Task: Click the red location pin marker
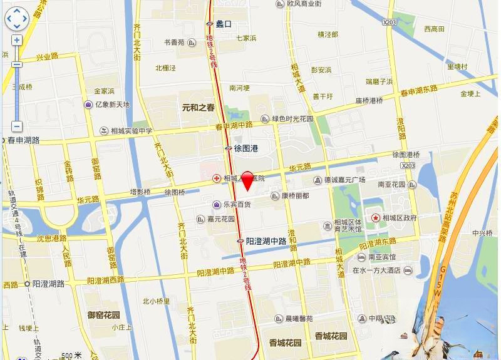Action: (x=247, y=179)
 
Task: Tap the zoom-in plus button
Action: (x=17, y=40)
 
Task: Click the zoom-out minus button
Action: (x=17, y=126)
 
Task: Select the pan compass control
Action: (x=17, y=19)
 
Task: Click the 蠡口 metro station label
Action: (x=224, y=24)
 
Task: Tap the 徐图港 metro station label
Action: (x=246, y=148)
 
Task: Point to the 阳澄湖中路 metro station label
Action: (x=266, y=241)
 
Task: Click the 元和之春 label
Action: (x=198, y=108)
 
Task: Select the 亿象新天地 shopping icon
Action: (x=89, y=105)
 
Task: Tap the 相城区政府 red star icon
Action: (x=376, y=217)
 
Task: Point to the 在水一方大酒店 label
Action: (x=376, y=271)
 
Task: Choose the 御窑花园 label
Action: (x=103, y=315)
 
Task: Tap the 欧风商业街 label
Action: (x=304, y=4)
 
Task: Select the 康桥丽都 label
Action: (x=295, y=196)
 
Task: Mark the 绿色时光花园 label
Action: (x=292, y=118)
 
